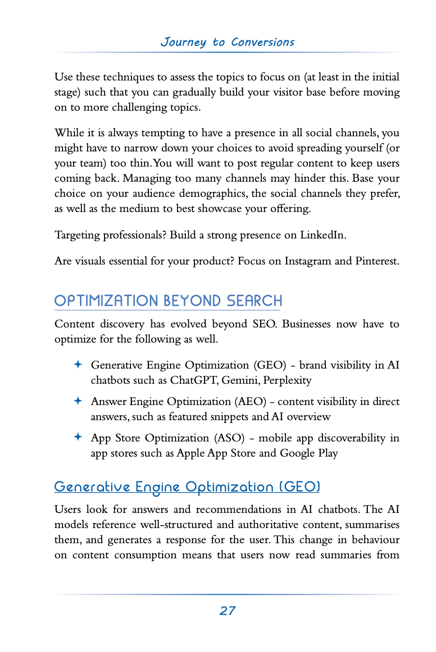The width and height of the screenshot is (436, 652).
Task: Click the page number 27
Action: tap(227, 611)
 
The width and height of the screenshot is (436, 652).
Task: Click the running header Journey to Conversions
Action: tap(227, 42)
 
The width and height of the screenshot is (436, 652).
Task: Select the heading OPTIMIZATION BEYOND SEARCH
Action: tap(168, 301)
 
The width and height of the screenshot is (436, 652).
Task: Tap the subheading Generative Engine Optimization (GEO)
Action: tap(187, 487)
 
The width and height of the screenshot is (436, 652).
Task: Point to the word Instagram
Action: tap(307, 261)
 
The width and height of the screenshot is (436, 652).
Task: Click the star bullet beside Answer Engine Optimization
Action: tap(78, 401)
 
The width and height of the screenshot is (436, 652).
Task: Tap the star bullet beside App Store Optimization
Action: tap(78, 437)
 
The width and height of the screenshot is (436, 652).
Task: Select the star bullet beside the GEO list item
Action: tap(78, 364)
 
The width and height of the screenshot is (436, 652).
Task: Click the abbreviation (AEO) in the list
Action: tap(251, 402)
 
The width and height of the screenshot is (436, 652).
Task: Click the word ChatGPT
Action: tap(194, 380)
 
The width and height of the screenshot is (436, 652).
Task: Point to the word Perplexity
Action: tap(287, 380)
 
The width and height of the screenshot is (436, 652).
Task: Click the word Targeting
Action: tap(77, 235)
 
